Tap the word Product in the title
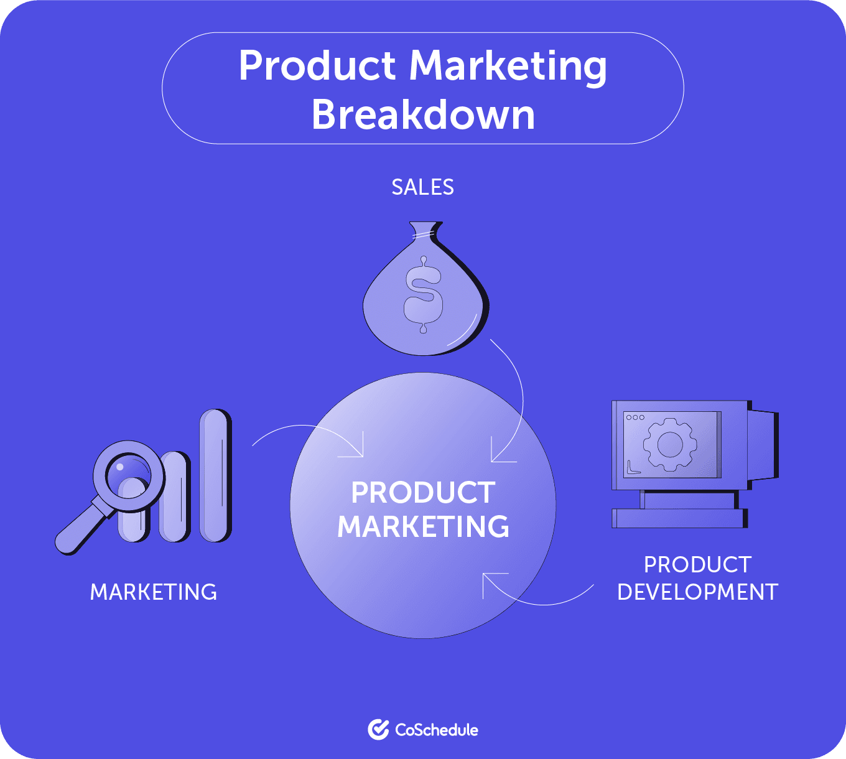pos(317,65)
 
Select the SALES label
pos(422,187)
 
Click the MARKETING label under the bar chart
pos(154,592)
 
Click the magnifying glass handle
pos(81,529)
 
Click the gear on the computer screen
pos(670,444)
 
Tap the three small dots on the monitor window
pos(635,417)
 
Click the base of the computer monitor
pos(679,518)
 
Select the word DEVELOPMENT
pos(697,592)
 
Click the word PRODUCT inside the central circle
pos(423,493)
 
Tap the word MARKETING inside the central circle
pos(423,526)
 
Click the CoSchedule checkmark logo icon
pos(378,730)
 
